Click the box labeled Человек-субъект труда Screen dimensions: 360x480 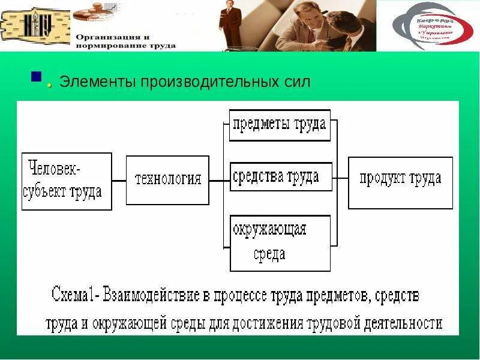(67, 181)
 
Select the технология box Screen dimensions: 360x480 (167, 179)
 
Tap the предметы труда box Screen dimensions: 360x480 (280, 125)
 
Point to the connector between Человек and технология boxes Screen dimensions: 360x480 (119, 181)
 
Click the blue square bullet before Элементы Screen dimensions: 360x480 (37, 77)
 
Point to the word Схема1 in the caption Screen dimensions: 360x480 (75, 295)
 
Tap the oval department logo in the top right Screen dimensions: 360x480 (432, 25)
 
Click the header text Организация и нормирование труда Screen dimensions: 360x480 (125, 41)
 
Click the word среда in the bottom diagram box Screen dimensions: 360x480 (269, 254)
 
